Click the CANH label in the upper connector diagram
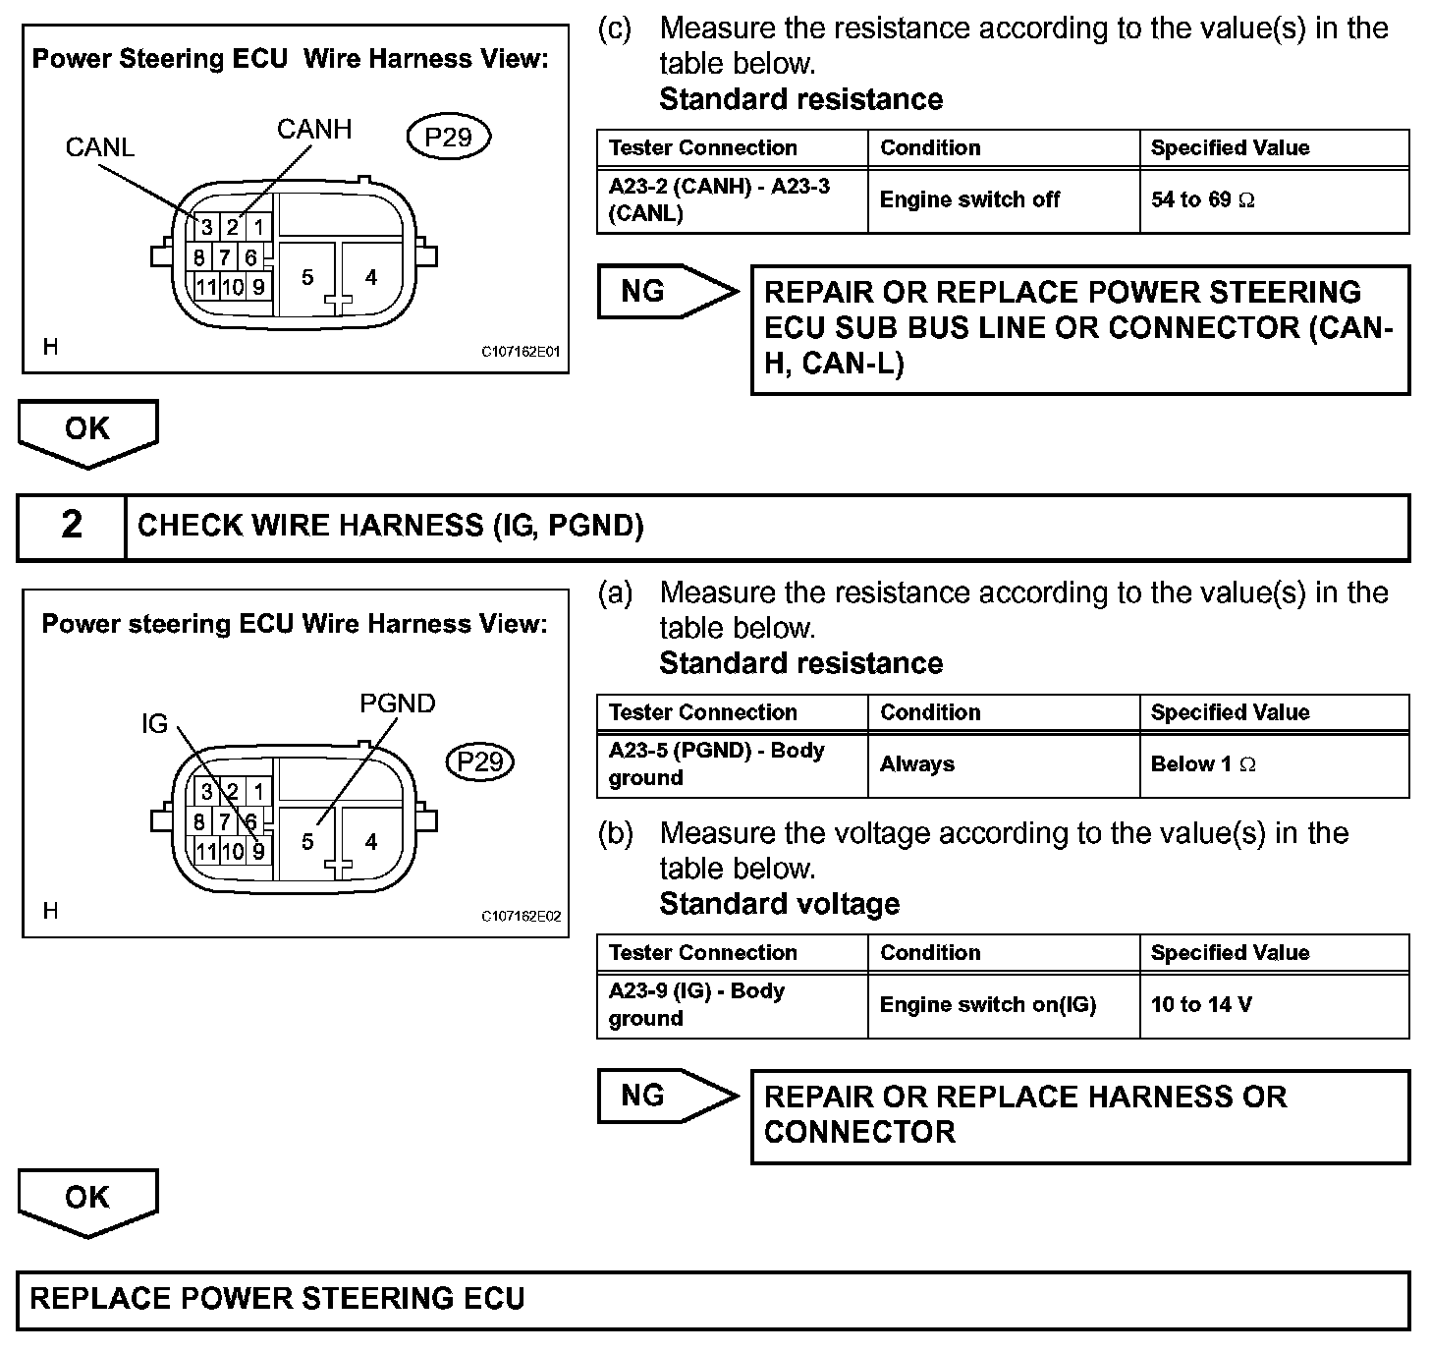[x=313, y=130]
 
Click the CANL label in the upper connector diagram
[x=99, y=147]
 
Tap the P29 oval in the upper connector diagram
[x=448, y=138]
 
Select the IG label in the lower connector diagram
[x=155, y=724]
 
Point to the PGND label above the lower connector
[x=397, y=704]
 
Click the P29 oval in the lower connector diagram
[x=480, y=762]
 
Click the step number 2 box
[x=72, y=526]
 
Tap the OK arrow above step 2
[x=87, y=431]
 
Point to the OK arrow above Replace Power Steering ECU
[x=87, y=1200]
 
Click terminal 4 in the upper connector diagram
[x=370, y=278]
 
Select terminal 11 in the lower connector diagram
[x=205, y=852]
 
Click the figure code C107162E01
[x=521, y=352]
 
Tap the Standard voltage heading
[x=779, y=904]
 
